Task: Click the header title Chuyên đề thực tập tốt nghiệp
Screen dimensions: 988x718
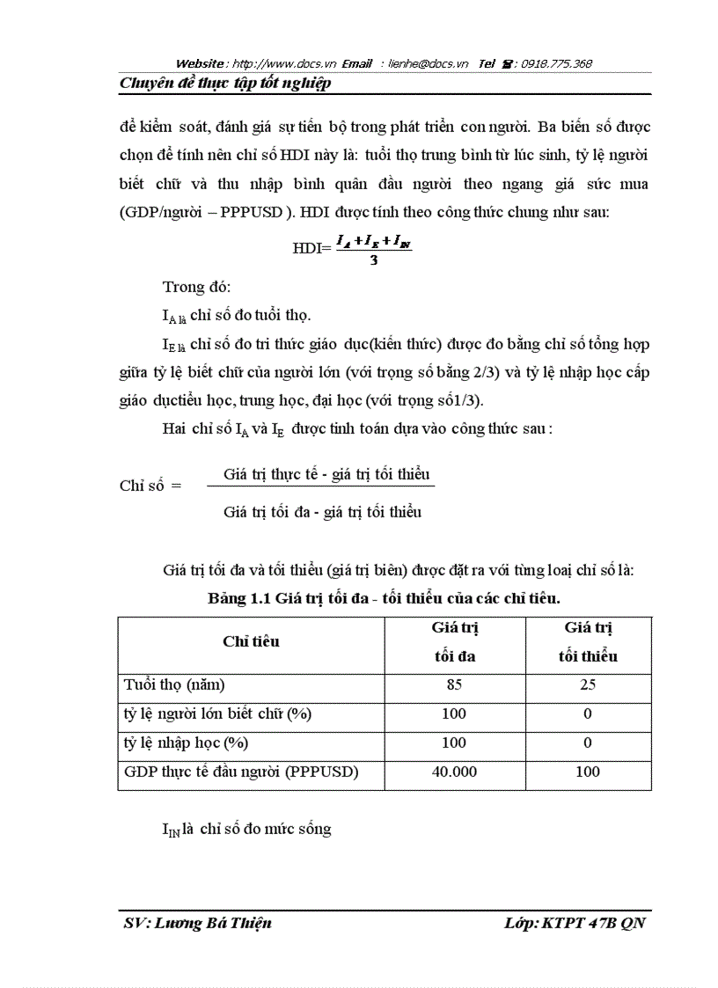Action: coord(224,84)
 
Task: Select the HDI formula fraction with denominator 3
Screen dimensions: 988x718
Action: coord(374,248)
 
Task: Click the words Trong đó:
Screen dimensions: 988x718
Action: coord(194,286)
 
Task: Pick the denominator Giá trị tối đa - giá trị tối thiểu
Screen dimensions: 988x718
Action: coord(322,511)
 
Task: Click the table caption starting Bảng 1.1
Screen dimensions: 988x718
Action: coord(385,598)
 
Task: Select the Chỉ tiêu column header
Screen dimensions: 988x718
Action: coord(251,641)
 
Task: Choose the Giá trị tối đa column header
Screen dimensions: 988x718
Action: coord(454,642)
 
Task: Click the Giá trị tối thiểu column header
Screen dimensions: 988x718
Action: coord(588,642)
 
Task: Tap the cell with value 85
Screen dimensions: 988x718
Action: coord(454,685)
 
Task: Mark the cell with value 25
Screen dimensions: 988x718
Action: coord(588,685)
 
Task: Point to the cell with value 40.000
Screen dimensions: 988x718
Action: coord(454,772)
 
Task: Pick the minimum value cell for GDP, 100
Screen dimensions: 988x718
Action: coord(588,772)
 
